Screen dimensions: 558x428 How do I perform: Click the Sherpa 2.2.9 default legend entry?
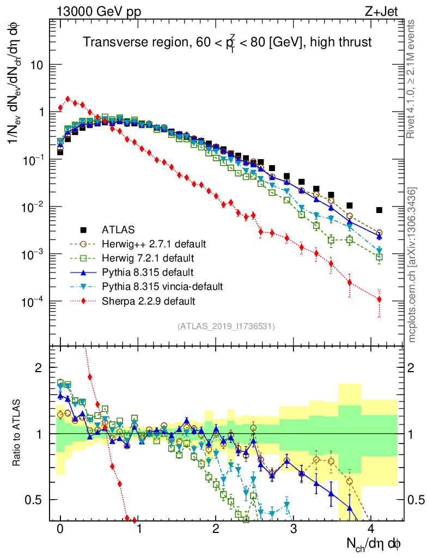pyautogui.click(x=149, y=300)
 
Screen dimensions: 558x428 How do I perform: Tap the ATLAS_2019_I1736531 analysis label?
pyautogui.click(x=226, y=326)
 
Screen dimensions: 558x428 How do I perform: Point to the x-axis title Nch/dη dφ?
pyautogui.click(x=375, y=543)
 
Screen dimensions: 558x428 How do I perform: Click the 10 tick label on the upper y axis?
pyautogui.click(x=36, y=65)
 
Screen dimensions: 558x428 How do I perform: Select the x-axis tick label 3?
pyautogui.click(x=294, y=528)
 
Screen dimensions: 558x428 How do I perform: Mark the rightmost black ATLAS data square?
pyautogui.click(x=379, y=210)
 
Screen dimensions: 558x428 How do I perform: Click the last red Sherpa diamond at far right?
pyautogui.click(x=379, y=299)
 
